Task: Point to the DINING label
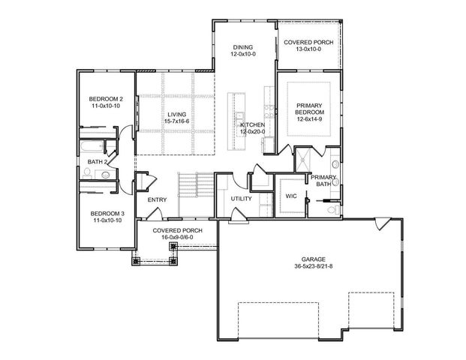242,46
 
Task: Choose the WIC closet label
291,196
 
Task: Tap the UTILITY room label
241,198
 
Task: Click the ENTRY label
157,199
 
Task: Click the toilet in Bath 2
87,173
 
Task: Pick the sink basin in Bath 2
106,175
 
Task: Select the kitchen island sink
240,120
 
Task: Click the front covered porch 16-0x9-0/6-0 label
173,234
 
